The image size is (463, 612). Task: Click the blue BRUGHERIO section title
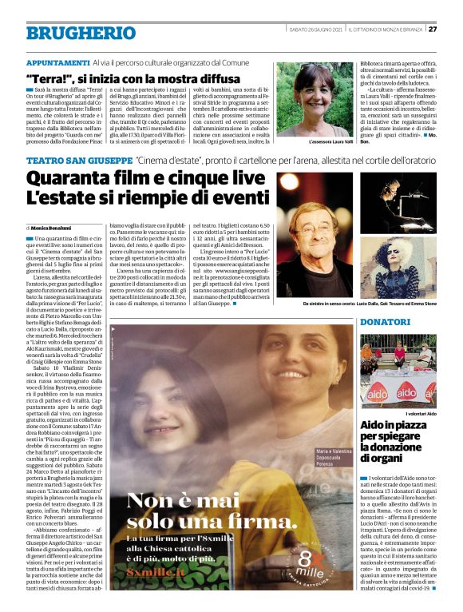point(70,33)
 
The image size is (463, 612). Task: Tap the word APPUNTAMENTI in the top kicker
point(58,62)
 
